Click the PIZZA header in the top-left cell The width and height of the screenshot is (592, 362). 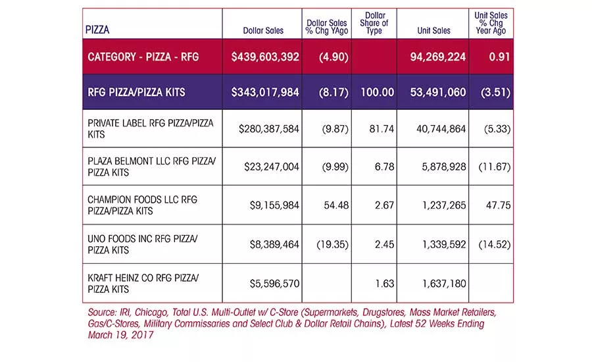pyautogui.click(x=97, y=30)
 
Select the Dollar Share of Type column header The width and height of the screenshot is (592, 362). pyautogui.click(x=374, y=23)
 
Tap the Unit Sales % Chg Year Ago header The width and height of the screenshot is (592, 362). pyautogui.click(x=491, y=23)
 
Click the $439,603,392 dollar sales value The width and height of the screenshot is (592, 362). pyautogui.click(x=265, y=57)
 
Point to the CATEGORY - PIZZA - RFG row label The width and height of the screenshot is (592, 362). pyautogui.click(x=143, y=57)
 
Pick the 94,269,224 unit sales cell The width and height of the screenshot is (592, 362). pyautogui.click(x=438, y=57)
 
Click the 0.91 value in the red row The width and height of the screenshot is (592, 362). pyautogui.click(x=499, y=57)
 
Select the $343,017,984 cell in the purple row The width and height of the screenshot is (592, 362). pyautogui.click(x=265, y=92)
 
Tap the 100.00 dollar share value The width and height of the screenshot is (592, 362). pyautogui.click(x=377, y=92)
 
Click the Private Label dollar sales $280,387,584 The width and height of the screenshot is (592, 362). pyautogui.click(x=269, y=129)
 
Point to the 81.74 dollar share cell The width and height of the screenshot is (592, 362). pyautogui.click(x=382, y=129)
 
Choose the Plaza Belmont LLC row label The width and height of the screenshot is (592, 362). pyautogui.click(x=152, y=167)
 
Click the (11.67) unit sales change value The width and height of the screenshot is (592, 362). pyautogui.click(x=495, y=167)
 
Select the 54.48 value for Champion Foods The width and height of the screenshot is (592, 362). pyautogui.click(x=336, y=205)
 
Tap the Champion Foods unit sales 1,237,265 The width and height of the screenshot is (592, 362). pyautogui.click(x=444, y=205)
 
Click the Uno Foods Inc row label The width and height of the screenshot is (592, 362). pyautogui.click(x=143, y=244)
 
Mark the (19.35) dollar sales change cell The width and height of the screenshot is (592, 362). pyautogui.click(x=332, y=244)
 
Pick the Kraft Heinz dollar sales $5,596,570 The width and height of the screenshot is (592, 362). pyautogui.click(x=274, y=284)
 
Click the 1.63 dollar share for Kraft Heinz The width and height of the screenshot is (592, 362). pyautogui.click(x=384, y=284)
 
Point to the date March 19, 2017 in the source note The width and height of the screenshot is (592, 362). pyautogui.click(x=120, y=335)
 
